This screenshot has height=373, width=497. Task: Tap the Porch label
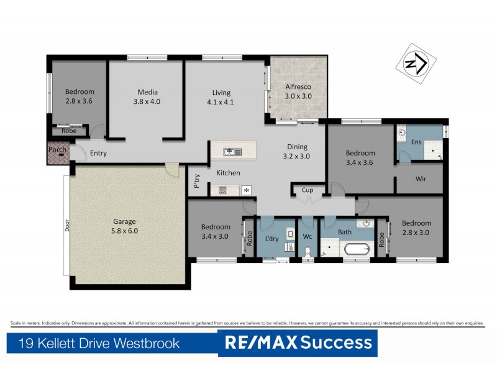[x=57, y=150]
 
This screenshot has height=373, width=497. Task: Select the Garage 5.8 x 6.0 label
[x=124, y=225]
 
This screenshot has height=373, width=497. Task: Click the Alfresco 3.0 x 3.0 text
[x=298, y=91]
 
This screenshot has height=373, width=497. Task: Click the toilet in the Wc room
[x=308, y=252]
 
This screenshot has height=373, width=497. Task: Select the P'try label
[x=197, y=182]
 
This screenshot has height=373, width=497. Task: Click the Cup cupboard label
[x=307, y=190]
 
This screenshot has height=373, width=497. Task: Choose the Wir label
[x=419, y=179]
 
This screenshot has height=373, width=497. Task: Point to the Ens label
[x=416, y=142]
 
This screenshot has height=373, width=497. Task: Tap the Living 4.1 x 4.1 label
[x=220, y=98]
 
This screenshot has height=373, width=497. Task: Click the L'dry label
[x=272, y=239]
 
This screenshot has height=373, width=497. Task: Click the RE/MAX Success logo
[x=298, y=343]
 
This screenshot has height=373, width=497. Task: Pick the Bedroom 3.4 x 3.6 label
[x=360, y=158]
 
